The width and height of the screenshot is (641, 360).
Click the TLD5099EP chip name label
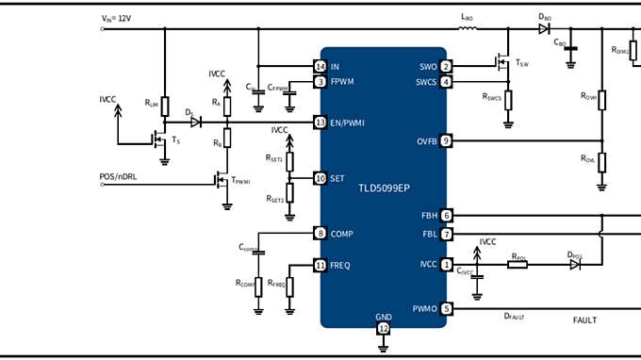(x=384, y=188)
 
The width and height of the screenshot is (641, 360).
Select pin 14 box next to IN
(x=320, y=66)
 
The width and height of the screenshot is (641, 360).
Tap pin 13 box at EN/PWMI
(x=320, y=123)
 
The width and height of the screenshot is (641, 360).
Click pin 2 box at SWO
(x=446, y=66)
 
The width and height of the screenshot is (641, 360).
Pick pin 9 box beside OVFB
(x=446, y=141)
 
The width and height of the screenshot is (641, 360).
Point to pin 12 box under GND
(x=384, y=328)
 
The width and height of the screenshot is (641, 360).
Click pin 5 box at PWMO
(x=446, y=308)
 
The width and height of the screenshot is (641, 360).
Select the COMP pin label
(x=341, y=234)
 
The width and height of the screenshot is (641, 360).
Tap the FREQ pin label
(x=340, y=266)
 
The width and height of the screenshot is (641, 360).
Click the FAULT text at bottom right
(x=584, y=320)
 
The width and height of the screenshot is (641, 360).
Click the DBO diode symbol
(x=544, y=28)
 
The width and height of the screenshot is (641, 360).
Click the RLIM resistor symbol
(x=165, y=106)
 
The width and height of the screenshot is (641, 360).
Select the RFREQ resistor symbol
(x=289, y=286)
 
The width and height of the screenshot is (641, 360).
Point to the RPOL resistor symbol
(x=518, y=266)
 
